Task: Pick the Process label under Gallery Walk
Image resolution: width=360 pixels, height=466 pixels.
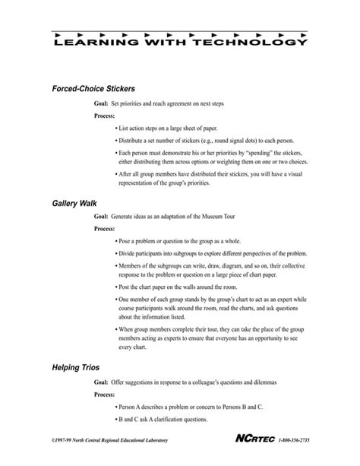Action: (x=105, y=228)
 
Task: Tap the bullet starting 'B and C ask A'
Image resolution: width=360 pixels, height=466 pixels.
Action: (x=168, y=421)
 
